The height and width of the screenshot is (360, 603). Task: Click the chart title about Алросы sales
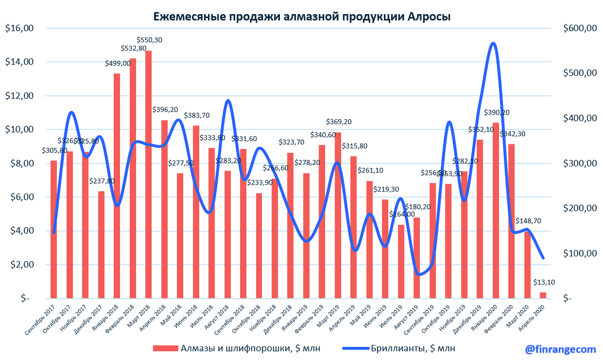(x=301, y=16)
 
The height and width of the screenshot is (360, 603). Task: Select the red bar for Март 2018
(x=148, y=176)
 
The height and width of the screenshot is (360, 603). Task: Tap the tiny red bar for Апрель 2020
(x=543, y=296)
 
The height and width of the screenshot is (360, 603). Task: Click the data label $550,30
(x=150, y=40)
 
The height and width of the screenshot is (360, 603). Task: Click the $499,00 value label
(x=117, y=63)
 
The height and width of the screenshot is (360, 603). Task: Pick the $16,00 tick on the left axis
(x=19, y=28)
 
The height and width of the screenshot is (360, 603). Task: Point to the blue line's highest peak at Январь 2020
(x=493, y=44)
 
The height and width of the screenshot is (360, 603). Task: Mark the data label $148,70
(x=528, y=221)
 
